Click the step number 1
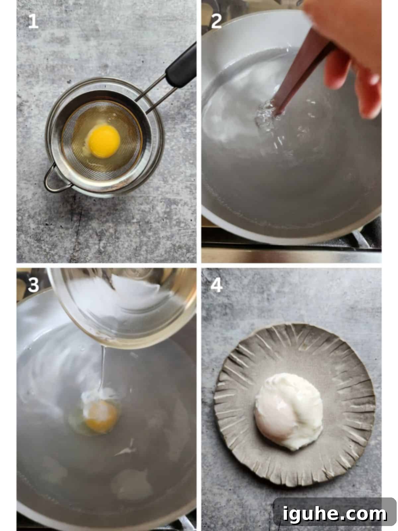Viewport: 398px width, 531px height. (33, 22)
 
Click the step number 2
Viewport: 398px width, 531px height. (216, 22)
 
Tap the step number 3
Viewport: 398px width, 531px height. (33, 285)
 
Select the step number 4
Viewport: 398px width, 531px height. (216, 285)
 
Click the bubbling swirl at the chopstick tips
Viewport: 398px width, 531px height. (267, 114)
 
